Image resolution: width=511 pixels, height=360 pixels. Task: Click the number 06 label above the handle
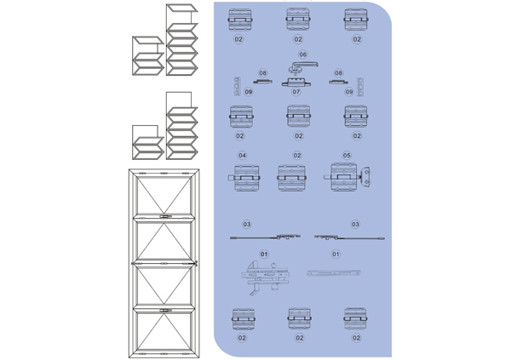302,54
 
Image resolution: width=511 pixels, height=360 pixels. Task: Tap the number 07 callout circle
296,92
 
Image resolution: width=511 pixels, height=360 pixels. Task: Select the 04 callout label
242,156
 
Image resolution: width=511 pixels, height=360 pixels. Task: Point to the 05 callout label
347,156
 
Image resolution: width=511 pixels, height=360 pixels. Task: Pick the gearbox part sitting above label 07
296,82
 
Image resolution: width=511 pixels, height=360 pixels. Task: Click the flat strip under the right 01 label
333,272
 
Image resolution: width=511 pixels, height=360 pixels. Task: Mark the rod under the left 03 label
264,238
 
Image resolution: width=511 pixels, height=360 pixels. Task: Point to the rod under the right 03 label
349,237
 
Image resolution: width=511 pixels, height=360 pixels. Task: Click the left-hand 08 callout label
263,74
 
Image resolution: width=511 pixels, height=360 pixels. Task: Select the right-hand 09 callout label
349,92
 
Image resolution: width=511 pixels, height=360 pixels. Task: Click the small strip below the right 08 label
338,83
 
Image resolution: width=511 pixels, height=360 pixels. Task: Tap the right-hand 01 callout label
336,254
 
